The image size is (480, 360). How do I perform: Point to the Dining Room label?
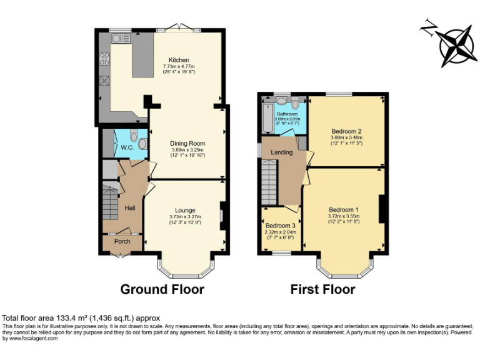[188, 143]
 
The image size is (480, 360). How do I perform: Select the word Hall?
[130, 207]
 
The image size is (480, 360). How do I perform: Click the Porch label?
[121, 241]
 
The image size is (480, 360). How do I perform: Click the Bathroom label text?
[287, 114]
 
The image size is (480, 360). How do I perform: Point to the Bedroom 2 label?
[347, 131]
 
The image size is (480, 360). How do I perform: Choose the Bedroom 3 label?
[280, 226]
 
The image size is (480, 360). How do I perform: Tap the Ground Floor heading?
[162, 289]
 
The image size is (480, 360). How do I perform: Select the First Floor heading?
[322, 289]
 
